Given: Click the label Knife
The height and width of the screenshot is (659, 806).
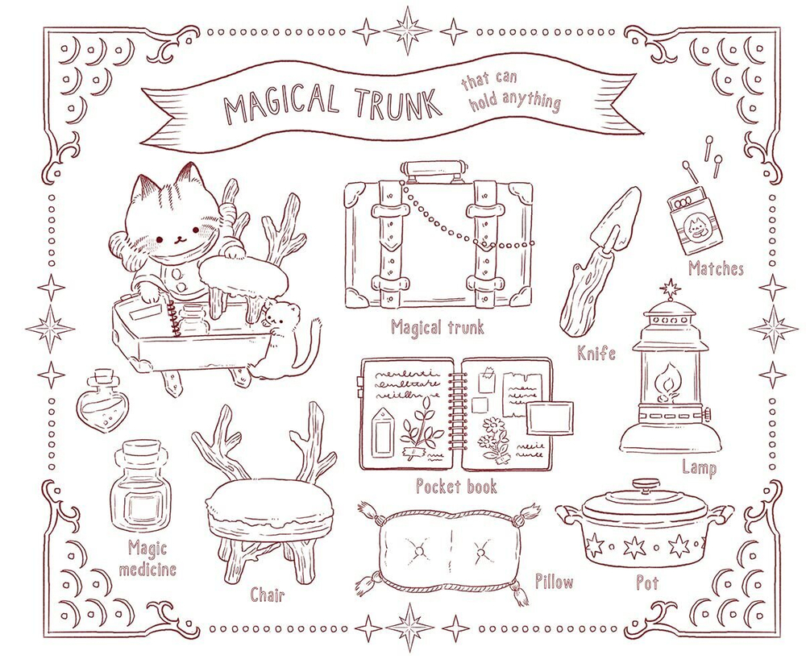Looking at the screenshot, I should tap(596, 352).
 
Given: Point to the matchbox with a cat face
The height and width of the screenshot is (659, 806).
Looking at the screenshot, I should tap(694, 220).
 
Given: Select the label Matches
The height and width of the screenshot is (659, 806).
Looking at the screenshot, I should tap(716, 267).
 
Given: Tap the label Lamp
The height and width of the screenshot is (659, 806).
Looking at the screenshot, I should tap(699, 466).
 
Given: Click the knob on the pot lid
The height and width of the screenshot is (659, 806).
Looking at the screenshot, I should tap(645, 486).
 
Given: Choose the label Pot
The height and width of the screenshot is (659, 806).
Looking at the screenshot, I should tap(647, 582).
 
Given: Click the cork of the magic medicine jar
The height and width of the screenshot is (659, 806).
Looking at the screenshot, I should tap(146, 452).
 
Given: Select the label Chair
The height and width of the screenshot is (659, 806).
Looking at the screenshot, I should tap(267, 595).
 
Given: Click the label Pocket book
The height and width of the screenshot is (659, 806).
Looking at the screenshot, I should tap(456, 486).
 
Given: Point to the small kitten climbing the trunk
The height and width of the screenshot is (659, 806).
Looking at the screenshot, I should tap(280, 334).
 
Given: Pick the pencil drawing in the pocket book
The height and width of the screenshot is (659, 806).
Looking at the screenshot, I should tap(385, 428).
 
